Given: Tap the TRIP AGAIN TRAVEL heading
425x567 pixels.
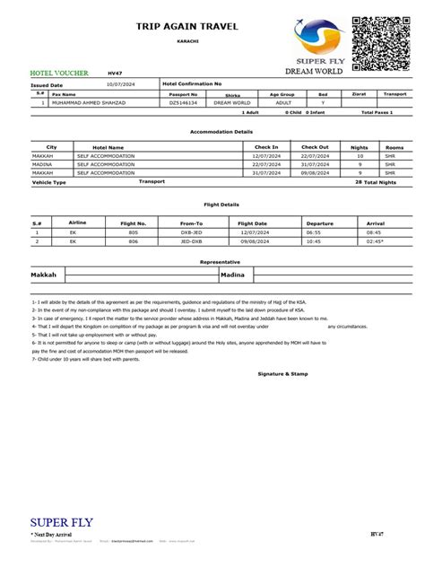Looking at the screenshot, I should click(187, 28).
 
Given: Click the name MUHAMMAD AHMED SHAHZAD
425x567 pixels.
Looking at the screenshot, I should click(90, 103).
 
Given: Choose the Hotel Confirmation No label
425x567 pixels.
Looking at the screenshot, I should click(192, 83).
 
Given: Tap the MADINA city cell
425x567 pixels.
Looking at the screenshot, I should click(42, 164).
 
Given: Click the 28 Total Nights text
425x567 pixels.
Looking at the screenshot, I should click(376, 182).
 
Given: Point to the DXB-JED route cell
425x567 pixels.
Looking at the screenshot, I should click(191, 231).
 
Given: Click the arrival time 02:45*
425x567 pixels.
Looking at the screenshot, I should click(376, 240).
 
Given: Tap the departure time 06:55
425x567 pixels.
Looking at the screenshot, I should click(314, 231).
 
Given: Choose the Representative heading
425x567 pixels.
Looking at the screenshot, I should click(212, 262).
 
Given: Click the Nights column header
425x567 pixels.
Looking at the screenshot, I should click(360, 146).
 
